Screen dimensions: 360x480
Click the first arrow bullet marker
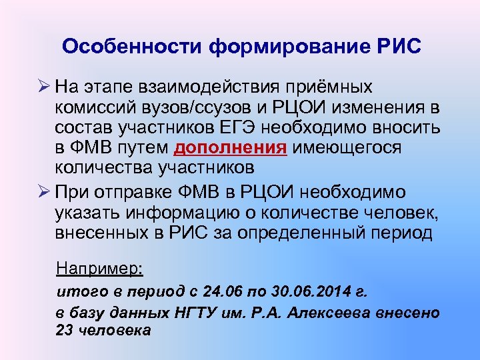45,87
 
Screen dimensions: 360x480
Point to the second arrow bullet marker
45,191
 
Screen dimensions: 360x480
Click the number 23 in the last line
65,329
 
